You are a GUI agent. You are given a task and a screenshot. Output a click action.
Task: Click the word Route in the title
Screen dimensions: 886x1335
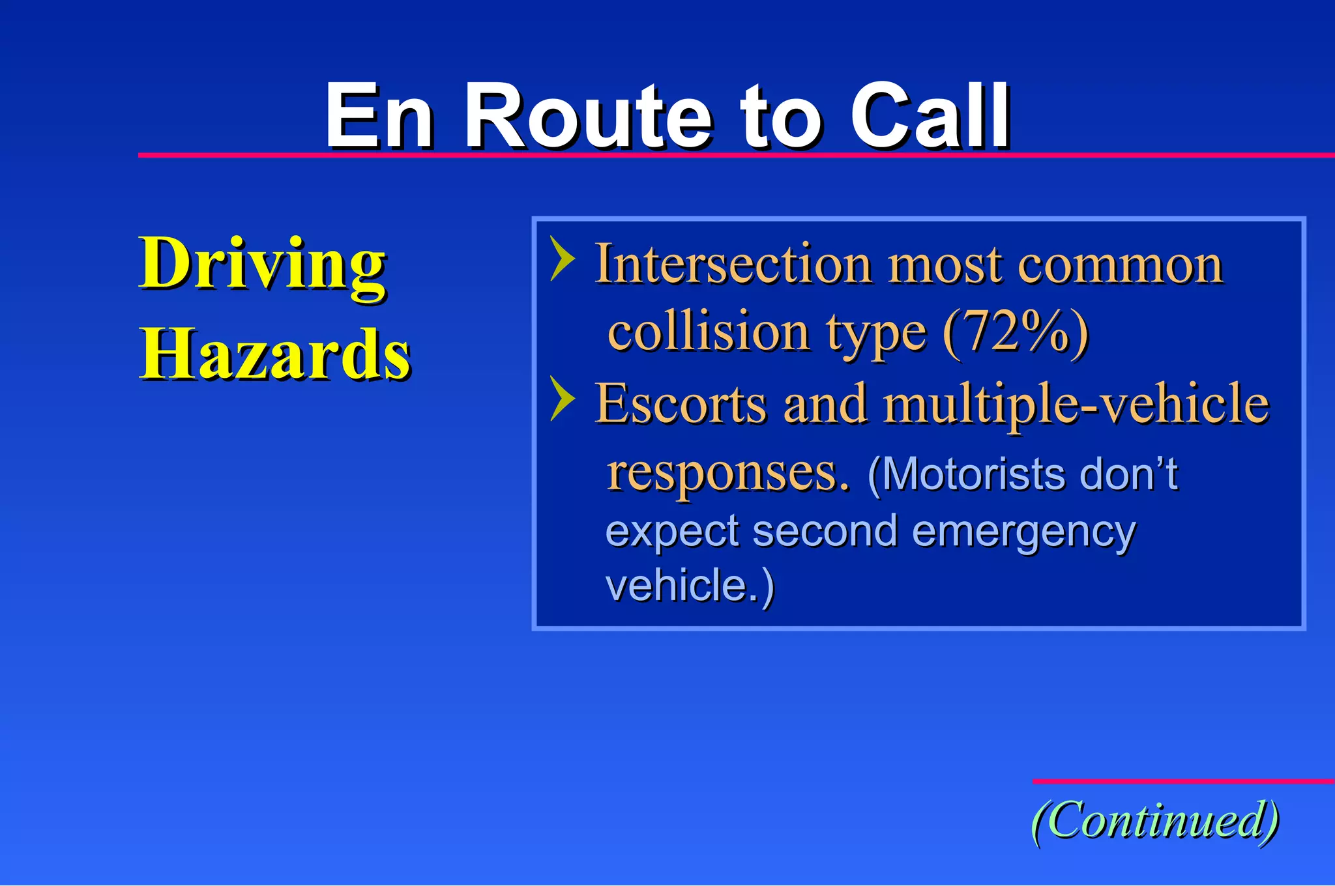pyautogui.click(x=589, y=117)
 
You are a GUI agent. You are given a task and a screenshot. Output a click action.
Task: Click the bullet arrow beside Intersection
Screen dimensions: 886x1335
pyautogui.click(x=562, y=259)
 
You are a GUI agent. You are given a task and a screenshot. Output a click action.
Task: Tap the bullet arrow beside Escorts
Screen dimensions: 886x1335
pyautogui.click(x=562, y=398)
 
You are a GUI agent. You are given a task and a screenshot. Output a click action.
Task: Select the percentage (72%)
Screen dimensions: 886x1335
pyautogui.click(x=1016, y=332)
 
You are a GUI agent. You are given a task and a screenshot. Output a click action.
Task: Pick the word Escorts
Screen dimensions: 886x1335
pyautogui.click(x=681, y=404)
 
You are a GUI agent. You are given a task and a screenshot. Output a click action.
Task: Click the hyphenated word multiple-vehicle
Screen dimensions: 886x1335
pyautogui.click(x=1076, y=404)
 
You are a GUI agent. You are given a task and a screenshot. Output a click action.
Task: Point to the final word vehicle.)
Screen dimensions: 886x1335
pyautogui.click(x=690, y=585)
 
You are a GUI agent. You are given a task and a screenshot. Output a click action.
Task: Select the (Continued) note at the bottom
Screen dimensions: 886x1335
pyautogui.click(x=1154, y=820)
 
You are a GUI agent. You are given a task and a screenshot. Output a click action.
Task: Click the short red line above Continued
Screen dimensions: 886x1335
pyautogui.click(x=1182, y=781)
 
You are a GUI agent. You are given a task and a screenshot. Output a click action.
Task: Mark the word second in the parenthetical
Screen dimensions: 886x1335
pyautogui.click(x=825, y=531)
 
